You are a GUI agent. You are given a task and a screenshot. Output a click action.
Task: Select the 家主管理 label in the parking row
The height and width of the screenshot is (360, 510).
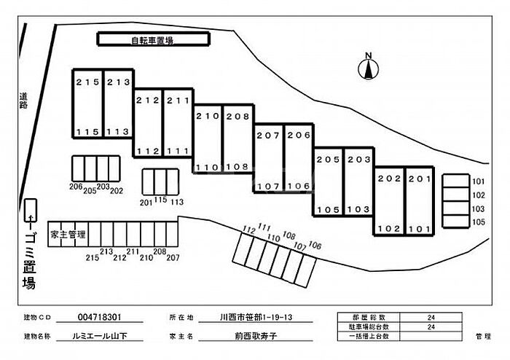point(68,235)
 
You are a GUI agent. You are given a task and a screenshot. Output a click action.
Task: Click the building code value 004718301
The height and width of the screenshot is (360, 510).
point(99,318)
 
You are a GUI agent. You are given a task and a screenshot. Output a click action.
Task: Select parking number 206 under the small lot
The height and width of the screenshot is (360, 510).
point(74,187)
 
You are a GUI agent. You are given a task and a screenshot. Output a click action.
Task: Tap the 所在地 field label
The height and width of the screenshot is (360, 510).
point(181,318)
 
